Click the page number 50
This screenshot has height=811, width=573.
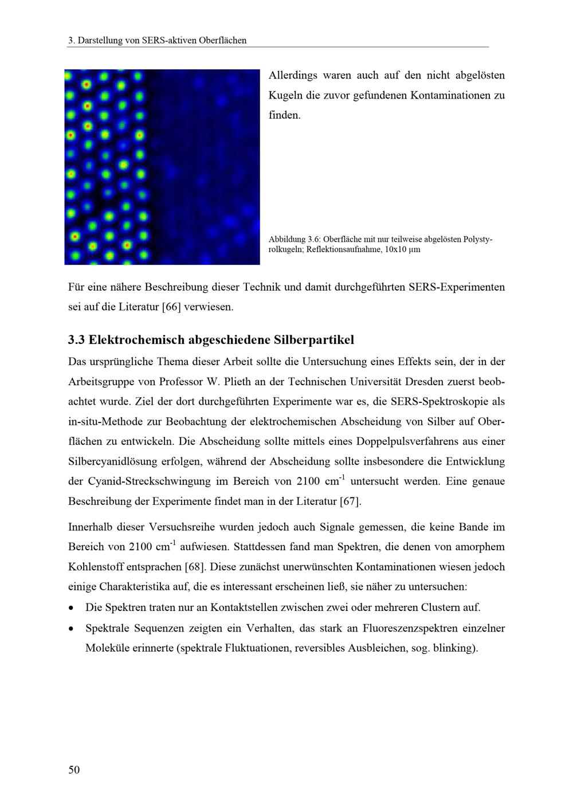74,770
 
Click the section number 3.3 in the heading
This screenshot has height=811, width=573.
76,340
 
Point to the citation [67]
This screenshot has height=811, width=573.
350,502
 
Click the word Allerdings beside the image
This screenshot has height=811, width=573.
292,76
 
